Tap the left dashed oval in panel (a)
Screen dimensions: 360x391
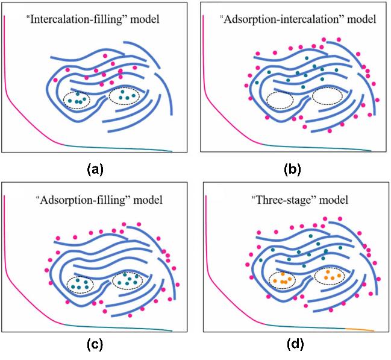point(78,98)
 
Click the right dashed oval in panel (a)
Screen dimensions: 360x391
point(126,95)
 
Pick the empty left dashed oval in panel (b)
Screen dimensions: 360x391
point(280,99)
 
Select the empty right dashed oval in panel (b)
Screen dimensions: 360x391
point(327,95)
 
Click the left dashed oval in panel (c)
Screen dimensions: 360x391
point(80,283)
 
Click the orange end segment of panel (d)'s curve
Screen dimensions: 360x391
point(360,330)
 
